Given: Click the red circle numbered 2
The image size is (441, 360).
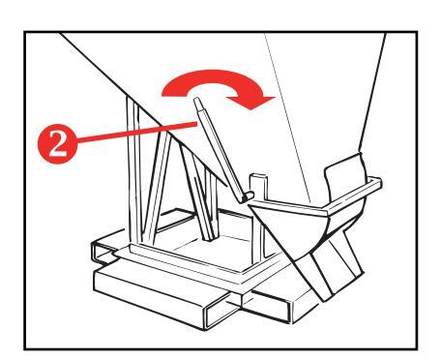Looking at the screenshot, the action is (58, 144).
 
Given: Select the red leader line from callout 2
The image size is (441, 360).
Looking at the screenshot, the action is (137, 133).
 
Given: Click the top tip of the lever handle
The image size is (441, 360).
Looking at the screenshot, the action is (197, 100).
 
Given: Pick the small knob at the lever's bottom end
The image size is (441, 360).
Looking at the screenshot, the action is (248, 196).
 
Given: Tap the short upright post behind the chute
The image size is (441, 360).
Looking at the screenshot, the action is (258, 187).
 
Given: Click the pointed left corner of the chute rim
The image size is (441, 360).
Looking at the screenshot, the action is (250, 205).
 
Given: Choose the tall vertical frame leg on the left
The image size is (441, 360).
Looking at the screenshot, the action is (133, 171).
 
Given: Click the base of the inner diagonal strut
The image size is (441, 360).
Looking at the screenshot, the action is (210, 237).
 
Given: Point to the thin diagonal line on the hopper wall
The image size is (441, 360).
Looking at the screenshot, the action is (287, 118).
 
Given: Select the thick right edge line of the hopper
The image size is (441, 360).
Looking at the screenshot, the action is (372, 93).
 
